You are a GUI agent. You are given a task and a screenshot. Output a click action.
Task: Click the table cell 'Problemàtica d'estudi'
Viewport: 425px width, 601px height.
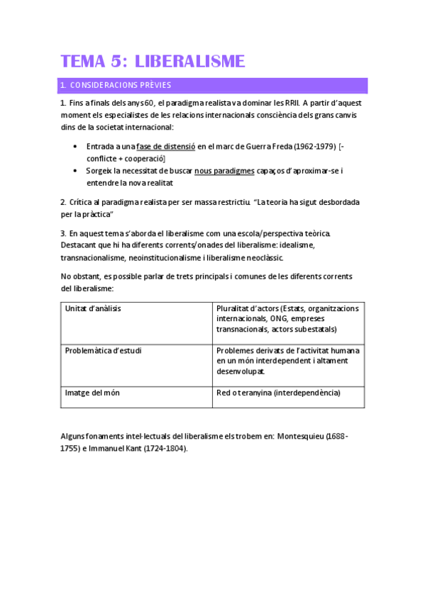[x=102, y=350]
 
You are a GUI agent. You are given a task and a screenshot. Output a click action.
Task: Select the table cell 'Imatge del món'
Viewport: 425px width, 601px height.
[x=92, y=393]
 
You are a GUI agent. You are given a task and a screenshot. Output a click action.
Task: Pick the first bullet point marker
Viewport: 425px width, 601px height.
[x=76, y=147]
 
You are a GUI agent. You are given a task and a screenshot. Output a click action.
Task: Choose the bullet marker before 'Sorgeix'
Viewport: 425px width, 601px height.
[x=76, y=171]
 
